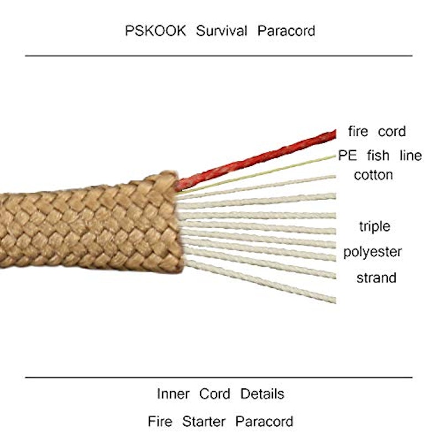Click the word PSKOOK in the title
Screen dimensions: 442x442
click(x=155, y=31)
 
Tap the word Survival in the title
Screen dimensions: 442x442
click(x=222, y=31)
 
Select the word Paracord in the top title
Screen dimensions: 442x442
click(x=286, y=31)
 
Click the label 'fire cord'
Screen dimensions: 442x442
click(x=377, y=131)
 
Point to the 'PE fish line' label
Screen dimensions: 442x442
click(x=380, y=155)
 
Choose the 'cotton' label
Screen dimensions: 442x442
click(x=373, y=175)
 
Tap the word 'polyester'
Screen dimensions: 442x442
click(x=372, y=252)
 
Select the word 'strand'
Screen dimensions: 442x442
click(x=376, y=278)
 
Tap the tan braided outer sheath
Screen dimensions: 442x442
click(x=90, y=223)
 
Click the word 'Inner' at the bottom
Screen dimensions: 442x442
click(x=173, y=394)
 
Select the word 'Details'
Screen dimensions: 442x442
click(x=262, y=394)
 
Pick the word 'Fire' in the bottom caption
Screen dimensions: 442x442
click(x=160, y=422)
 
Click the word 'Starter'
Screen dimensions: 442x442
click(x=203, y=422)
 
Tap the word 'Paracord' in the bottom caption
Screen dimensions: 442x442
click(x=264, y=422)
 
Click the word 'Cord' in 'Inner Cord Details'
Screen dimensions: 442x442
click(x=214, y=394)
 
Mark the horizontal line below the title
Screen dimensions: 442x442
click(x=219, y=56)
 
